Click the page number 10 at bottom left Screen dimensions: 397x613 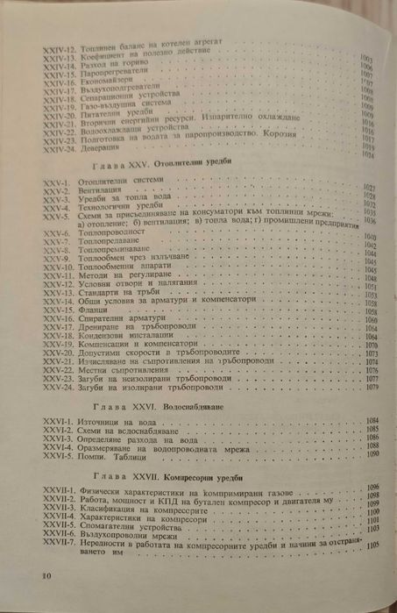click(x=46, y=574)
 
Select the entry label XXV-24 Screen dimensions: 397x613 click(x=60, y=387)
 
